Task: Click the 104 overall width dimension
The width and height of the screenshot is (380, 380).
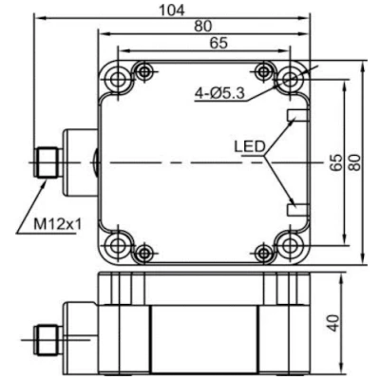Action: [171, 10]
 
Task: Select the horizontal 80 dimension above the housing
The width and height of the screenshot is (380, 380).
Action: [202, 27]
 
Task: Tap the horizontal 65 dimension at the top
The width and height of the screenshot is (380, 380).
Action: [218, 43]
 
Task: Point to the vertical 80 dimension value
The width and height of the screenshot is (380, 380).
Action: [356, 162]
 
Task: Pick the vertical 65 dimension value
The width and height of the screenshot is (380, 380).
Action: [336, 162]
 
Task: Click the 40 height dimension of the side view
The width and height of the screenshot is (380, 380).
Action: [333, 323]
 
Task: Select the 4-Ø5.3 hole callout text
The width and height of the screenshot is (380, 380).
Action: [219, 93]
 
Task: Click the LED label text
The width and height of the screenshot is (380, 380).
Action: [249, 147]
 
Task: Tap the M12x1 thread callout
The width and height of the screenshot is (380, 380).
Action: [58, 224]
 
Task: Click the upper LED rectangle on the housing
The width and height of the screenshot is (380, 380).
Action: [297, 115]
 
